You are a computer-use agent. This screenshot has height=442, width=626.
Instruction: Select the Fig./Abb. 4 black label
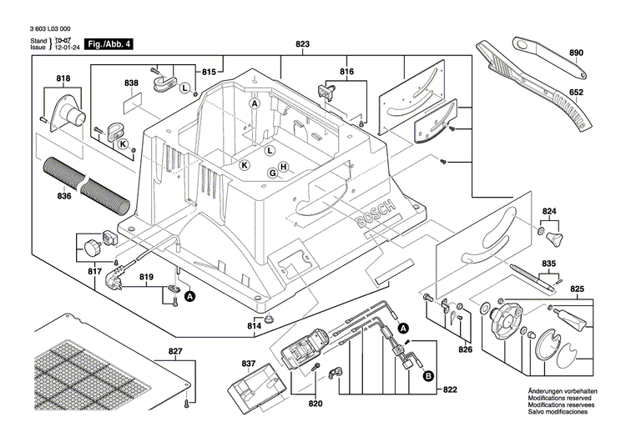(x=93, y=43)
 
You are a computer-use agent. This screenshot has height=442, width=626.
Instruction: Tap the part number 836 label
(x=64, y=197)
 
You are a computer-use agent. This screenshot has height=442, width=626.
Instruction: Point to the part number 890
(x=575, y=53)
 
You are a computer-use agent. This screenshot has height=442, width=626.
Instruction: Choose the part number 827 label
(x=174, y=351)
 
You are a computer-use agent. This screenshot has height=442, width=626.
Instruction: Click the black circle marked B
(x=428, y=377)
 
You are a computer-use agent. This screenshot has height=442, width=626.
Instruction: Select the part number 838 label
(x=130, y=83)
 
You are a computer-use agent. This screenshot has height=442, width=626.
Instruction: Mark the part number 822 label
(x=451, y=390)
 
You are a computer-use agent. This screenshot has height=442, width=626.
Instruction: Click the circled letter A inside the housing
(x=255, y=103)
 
